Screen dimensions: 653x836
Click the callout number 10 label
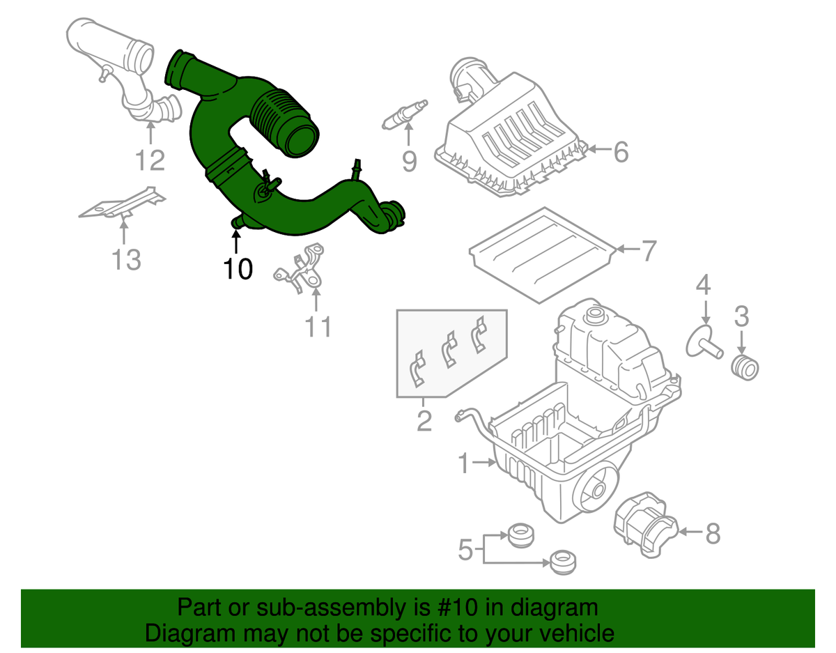[x=238, y=268]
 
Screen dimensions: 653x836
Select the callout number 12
[x=150, y=160]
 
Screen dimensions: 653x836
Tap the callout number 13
[x=126, y=259]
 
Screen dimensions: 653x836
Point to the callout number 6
[x=619, y=151]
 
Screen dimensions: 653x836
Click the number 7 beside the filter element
[x=647, y=250]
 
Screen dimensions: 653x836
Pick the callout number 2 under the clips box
[x=424, y=420]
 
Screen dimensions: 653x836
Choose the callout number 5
[x=465, y=551]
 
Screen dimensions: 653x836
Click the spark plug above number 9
[x=403, y=113]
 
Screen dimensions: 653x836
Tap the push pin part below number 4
[x=703, y=341]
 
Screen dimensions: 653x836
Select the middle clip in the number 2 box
[x=449, y=349]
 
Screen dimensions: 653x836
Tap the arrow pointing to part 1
[x=483, y=461]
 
